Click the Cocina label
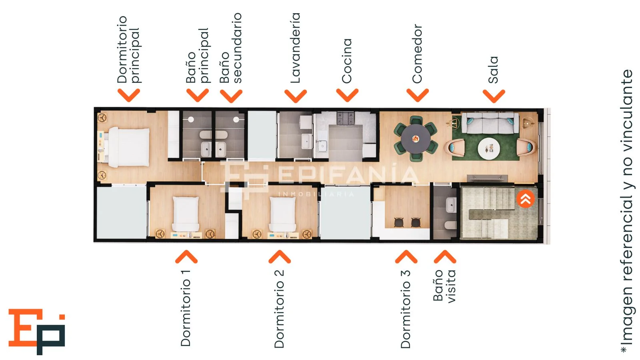pos(347,61)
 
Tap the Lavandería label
pos(296,48)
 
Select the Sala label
pos(494,70)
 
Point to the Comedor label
pos(417,54)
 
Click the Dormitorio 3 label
pos(406,309)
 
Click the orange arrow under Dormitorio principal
pos(128,95)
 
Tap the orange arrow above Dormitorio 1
pos(186,257)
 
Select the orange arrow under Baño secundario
pos(231,96)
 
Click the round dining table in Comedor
pos(416,139)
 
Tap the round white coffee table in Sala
pos(489,148)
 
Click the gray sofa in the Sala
pos(490,123)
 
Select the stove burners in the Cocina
pos(346,118)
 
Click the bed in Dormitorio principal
pos(129,147)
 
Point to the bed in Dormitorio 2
pos(282,214)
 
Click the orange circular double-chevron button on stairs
pos(526,199)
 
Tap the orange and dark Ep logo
pos(37,332)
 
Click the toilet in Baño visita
pos(451,225)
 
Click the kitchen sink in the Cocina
pos(322,146)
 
